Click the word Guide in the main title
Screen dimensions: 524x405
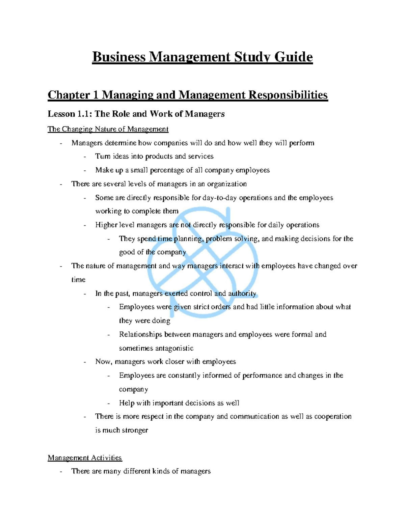[x=293, y=57]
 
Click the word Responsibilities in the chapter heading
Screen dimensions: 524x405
[x=288, y=95]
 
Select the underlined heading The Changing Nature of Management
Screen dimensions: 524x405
[x=108, y=129]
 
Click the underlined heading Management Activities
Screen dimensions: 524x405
[x=85, y=458]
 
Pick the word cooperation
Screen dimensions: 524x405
[x=333, y=416]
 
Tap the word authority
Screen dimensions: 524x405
[x=242, y=294]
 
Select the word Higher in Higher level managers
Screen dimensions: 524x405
[x=106, y=225]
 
